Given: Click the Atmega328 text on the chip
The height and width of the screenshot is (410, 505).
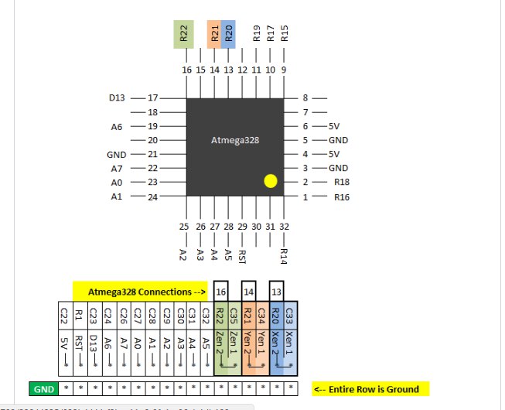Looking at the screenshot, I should [235, 141].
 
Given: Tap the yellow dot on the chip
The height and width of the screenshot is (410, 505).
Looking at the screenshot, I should [270, 182].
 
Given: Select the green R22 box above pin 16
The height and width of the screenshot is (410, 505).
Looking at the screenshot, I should [183, 35].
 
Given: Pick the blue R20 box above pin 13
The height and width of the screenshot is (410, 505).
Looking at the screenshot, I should [228, 35].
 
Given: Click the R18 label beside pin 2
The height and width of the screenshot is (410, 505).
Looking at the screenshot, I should [343, 182].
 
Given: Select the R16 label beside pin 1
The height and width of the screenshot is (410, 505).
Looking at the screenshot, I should [343, 196].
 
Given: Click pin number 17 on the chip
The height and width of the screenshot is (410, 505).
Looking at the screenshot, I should [152, 98].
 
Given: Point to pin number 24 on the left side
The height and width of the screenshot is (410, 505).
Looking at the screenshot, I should [152, 196].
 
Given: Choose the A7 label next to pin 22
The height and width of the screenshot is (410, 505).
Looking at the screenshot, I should [116, 168].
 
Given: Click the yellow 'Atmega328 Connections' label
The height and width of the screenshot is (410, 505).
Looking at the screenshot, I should [140, 292].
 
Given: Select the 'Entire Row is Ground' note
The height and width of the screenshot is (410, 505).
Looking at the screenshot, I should [370, 389].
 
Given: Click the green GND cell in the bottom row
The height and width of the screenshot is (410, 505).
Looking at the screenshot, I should [43, 389].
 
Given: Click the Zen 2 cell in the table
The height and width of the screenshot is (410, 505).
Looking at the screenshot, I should [221, 342].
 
